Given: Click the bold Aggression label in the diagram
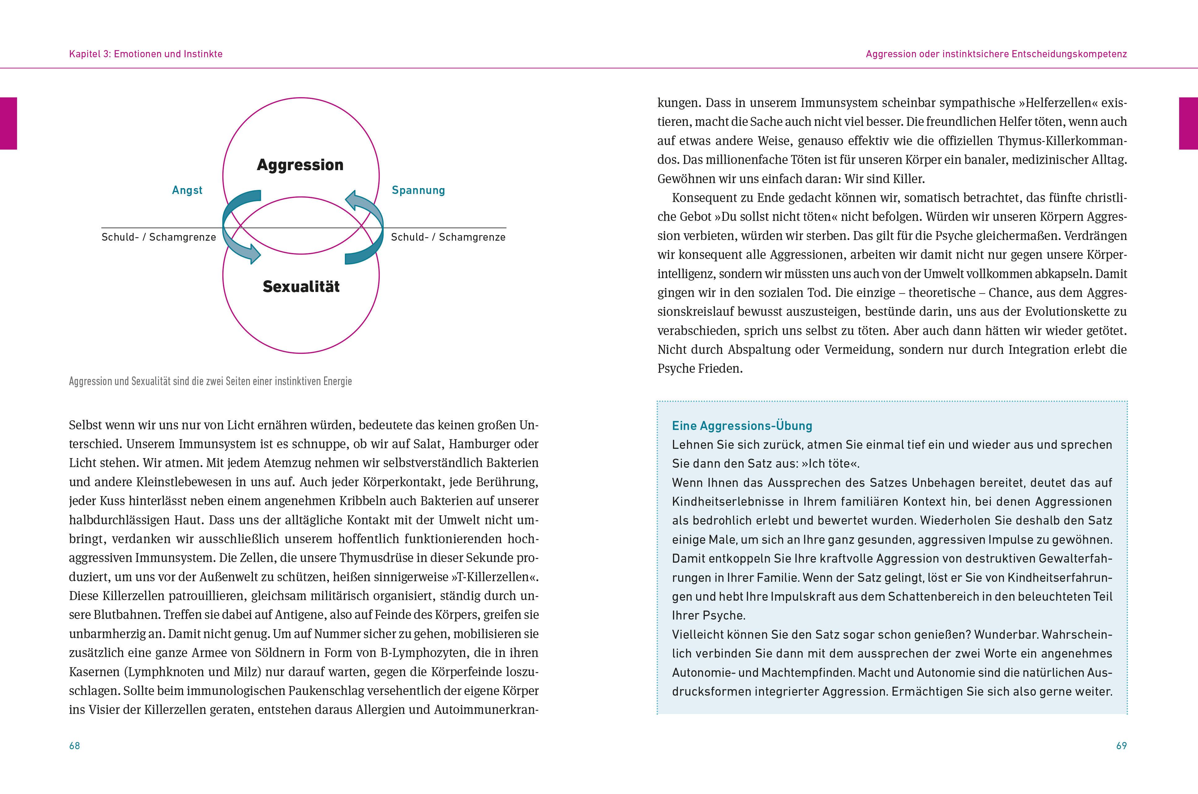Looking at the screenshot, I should [x=300, y=165].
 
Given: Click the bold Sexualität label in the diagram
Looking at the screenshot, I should [x=301, y=287].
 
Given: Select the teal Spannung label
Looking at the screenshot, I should [x=418, y=191].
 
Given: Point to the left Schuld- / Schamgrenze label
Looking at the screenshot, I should [x=158, y=237].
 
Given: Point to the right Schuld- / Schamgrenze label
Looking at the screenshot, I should [x=448, y=237].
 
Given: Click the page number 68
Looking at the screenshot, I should [x=75, y=745].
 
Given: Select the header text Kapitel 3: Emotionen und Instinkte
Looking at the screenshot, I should [x=146, y=54].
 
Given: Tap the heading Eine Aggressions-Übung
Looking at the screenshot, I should [x=742, y=426].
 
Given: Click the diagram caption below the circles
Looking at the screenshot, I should [x=210, y=381].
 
